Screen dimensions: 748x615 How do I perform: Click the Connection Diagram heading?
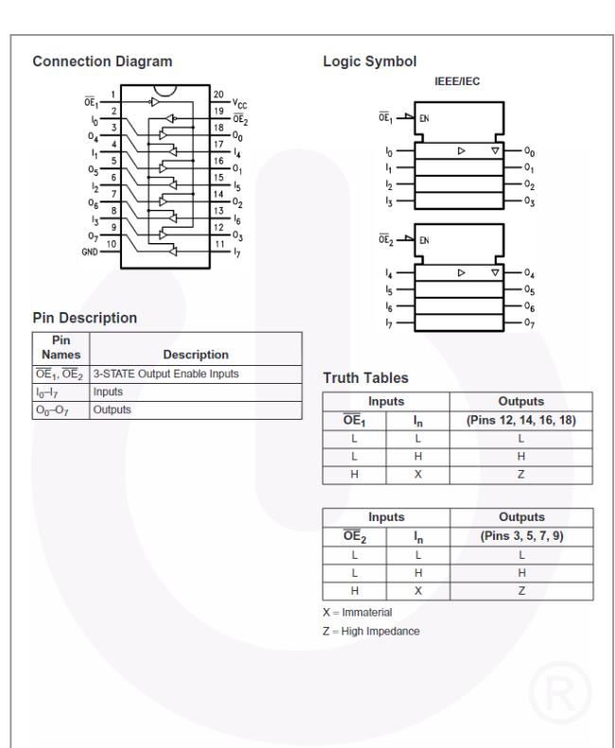(x=102, y=62)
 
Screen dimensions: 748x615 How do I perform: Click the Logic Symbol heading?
(x=370, y=62)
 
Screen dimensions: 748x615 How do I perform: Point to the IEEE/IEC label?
(x=457, y=82)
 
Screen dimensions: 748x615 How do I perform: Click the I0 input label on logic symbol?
(x=390, y=151)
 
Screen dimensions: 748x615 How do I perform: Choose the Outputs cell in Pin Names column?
(x=56, y=409)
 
